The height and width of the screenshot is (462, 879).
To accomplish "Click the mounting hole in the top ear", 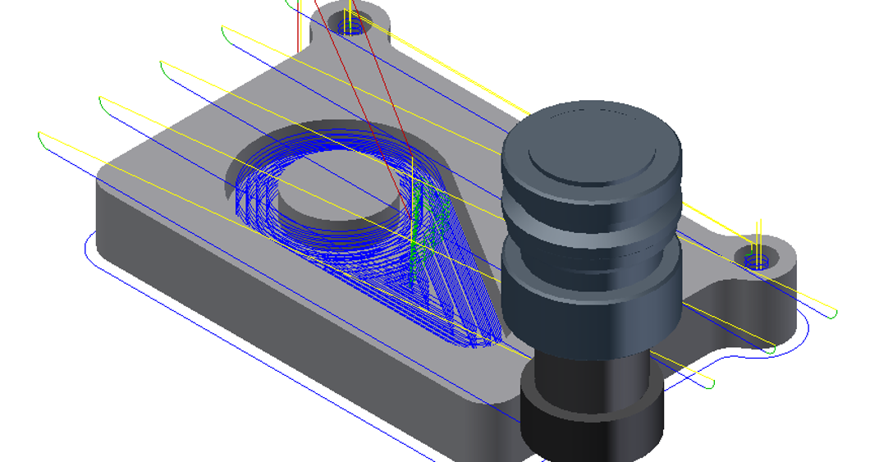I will click(351, 26).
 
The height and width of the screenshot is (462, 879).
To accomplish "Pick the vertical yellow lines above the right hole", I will click(759, 234).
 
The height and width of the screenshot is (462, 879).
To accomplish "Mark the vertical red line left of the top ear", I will click(296, 25).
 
